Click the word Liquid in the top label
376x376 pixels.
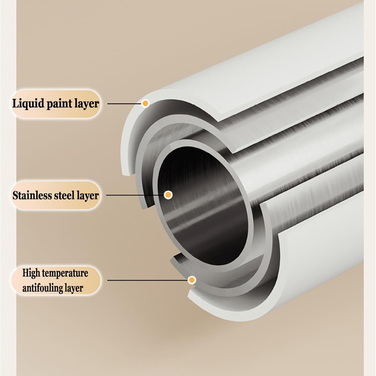coord(28,103)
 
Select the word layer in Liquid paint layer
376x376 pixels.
coord(86,103)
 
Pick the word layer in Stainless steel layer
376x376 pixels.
coord(89,195)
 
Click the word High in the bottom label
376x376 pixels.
coord(31,273)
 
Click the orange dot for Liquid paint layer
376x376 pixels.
coord(145,103)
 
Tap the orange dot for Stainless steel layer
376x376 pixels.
coord(168,195)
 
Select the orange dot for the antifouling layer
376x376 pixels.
coord(192,280)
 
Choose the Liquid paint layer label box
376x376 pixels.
coord(55,103)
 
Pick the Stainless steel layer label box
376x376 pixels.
coord(55,195)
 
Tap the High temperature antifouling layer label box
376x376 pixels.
coord(55,280)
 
